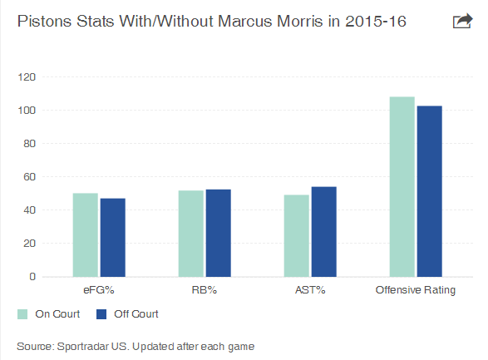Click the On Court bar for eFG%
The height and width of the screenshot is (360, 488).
click(86, 235)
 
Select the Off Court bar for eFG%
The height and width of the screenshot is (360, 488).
click(113, 238)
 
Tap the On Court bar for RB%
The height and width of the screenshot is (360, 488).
click(190, 234)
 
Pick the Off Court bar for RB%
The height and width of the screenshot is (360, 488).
click(218, 233)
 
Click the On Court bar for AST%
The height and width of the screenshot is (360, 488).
click(296, 236)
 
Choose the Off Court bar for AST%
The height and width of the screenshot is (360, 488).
click(323, 231)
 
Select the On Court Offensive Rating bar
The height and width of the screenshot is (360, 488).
click(402, 187)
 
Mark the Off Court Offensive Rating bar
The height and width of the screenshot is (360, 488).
click(430, 191)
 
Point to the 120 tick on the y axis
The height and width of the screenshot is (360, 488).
click(27, 76)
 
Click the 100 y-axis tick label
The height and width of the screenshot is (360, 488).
click(27, 110)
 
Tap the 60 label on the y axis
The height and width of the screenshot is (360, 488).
click(30, 177)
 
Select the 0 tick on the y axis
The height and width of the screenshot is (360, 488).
click(32, 276)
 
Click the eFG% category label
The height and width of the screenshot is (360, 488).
click(99, 290)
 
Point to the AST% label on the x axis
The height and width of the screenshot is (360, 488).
click(310, 290)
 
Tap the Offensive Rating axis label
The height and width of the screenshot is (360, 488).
click(416, 290)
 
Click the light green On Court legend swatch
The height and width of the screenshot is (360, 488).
click(22, 314)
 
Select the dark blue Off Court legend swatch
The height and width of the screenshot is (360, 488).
click(101, 314)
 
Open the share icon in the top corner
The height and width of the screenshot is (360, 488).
click(462, 21)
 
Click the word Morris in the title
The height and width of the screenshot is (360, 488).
click(300, 22)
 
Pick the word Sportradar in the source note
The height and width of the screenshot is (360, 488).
click(82, 347)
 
